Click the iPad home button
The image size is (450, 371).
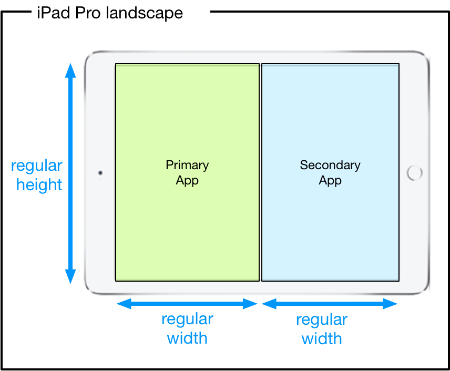[415, 173]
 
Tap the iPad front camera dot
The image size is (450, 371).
[100, 172]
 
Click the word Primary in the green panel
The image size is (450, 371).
[187, 165]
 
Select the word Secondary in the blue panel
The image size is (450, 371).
[330, 165]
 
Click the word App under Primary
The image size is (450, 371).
[187, 181]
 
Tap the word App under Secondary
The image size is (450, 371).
[330, 181]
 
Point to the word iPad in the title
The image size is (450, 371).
[53, 13]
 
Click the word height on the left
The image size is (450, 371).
[39, 185]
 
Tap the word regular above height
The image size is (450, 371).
[37, 166]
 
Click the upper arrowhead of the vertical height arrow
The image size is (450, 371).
[70, 70]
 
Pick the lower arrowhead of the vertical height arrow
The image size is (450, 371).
[70, 276]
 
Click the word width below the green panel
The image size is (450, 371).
[187, 338]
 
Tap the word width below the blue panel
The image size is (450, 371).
[322, 338]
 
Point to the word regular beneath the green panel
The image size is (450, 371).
[187, 320]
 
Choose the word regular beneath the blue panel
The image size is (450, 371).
[322, 320]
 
